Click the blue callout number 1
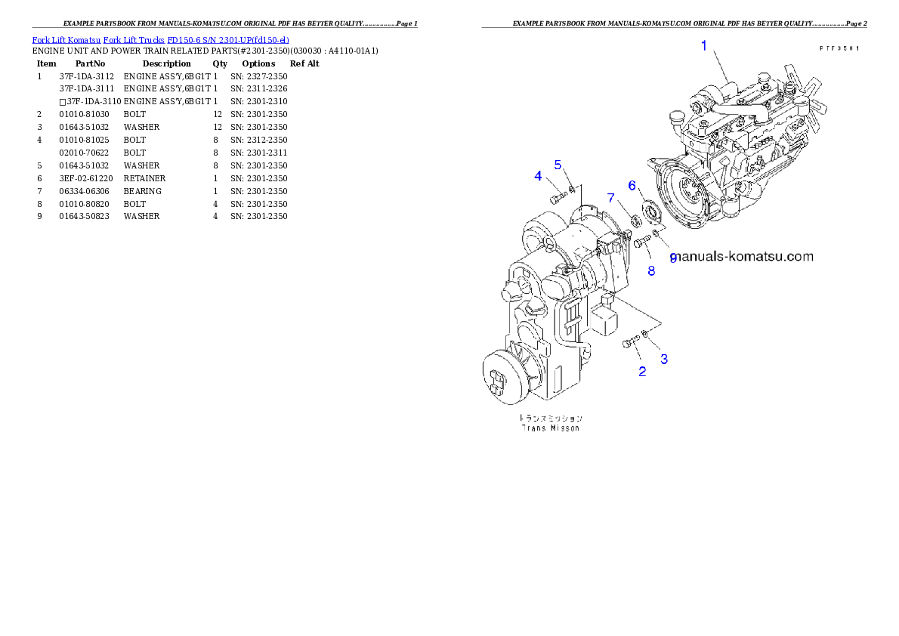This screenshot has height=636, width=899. click(x=704, y=46)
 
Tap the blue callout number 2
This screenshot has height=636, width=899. click(x=642, y=371)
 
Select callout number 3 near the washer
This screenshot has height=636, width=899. click(x=664, y=359)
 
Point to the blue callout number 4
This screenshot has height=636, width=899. click(x=538, y=176)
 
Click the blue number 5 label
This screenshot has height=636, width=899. click(x=558, y=164)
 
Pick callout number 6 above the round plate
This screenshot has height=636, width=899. click(x=632, y=186)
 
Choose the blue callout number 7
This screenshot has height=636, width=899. click(x=611, y=198)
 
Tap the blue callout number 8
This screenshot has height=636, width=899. click(x=651, y=270)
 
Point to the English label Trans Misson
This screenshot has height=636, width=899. click(x=551, y=428)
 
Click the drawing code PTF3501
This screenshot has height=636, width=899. click(x=839, y=48)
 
